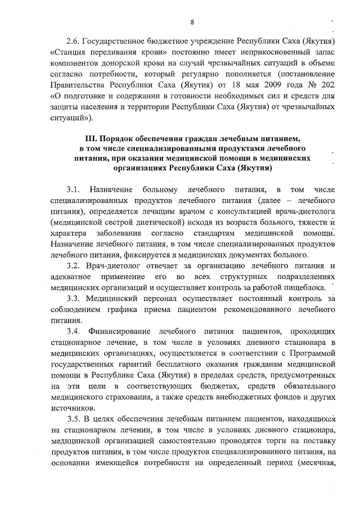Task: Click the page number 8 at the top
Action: click(x=192, y=22)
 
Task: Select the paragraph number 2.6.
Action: click(x=73, y=42)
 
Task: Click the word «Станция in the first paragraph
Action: click(x=69, y=53)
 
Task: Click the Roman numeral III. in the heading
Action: click(x=92, y=138)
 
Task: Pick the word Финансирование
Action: click(x=124, y=331)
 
